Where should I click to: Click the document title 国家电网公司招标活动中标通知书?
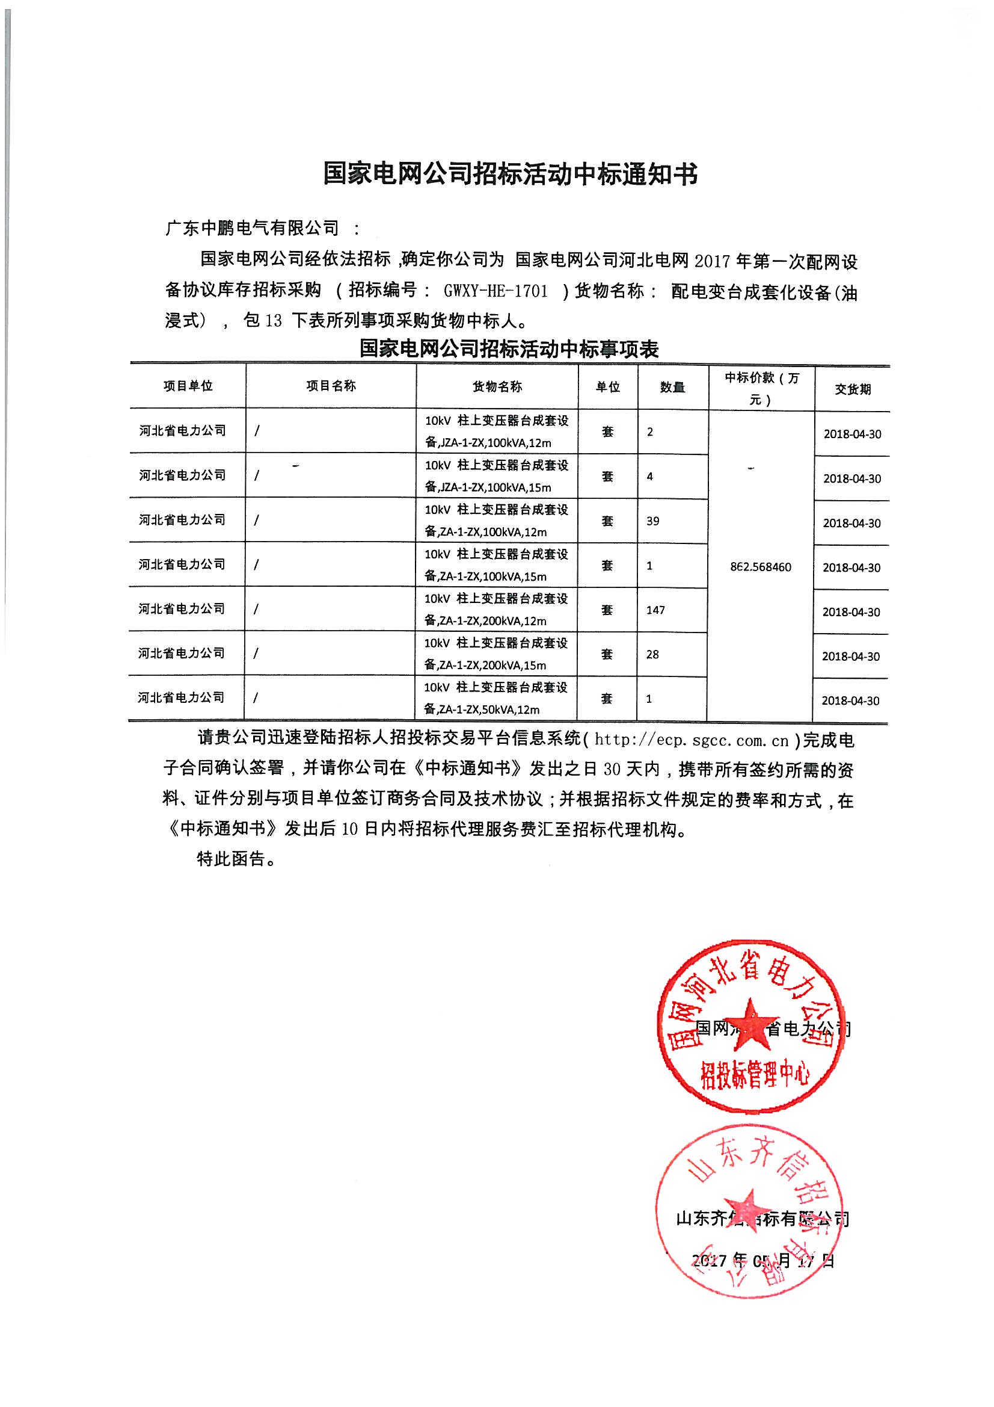tap(509, 175)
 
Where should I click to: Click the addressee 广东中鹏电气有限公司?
tap(253, 229)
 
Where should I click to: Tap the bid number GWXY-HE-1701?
tap(495, 291)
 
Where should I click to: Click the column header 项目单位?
tap(188, 386)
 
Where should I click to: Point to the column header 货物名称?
tap(497, 387)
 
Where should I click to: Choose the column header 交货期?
tap(853, 389)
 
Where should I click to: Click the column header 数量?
tap(672, 388)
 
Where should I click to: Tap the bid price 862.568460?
tap(761, 567)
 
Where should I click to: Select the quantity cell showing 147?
tap(655, 610)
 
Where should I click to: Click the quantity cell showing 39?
tap(653, 522)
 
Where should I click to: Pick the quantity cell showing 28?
tap(652, 655)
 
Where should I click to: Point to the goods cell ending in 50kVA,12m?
tap(496, 699)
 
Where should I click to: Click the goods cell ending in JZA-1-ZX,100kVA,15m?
tap(497, 476)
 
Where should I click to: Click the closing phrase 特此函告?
tap(232, 859)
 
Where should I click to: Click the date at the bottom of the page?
tap(762, 1260)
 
